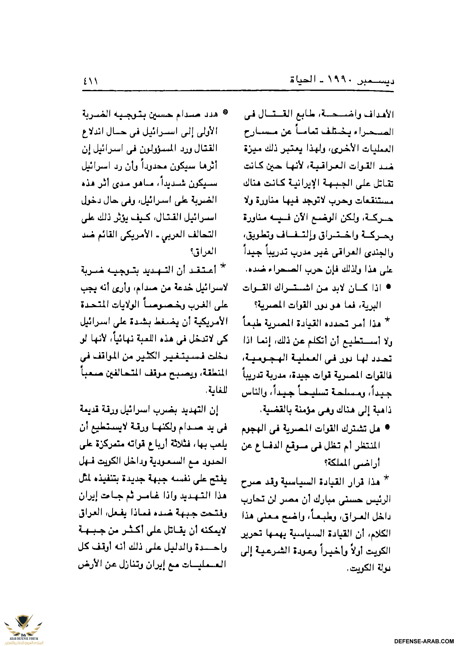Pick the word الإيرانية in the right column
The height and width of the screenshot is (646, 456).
point(299,183)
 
